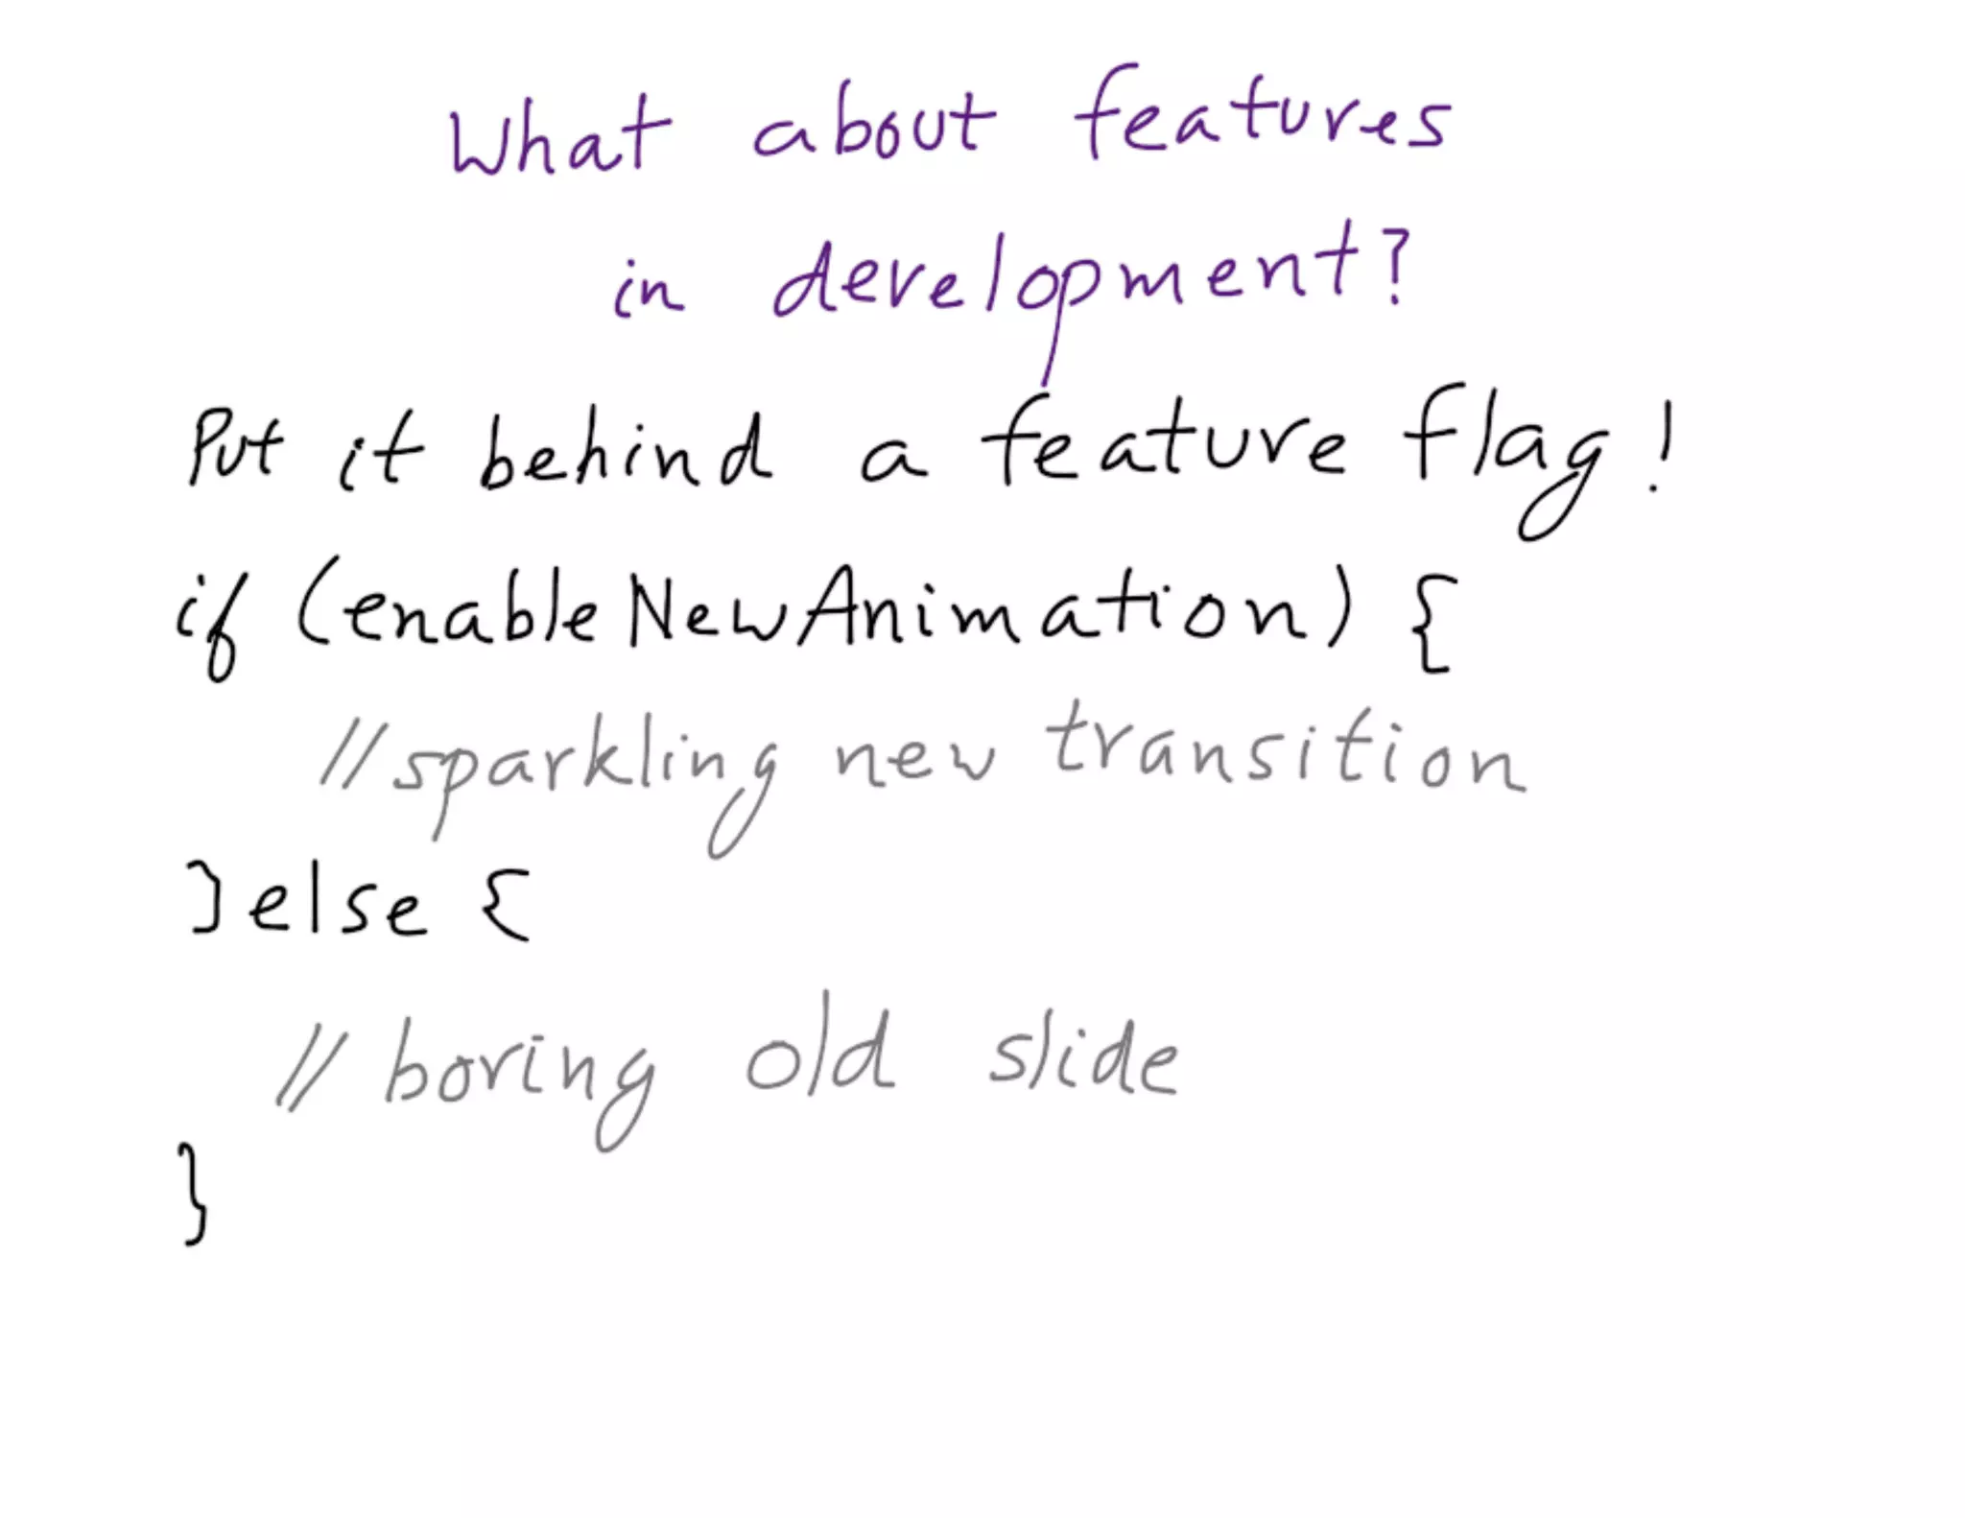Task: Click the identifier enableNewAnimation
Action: pyautogui.click(x=825, y=610)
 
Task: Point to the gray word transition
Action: pyautogui.click(x=1286, y=753)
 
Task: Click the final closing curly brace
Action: pyautogui.click(x=194, y=1195)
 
